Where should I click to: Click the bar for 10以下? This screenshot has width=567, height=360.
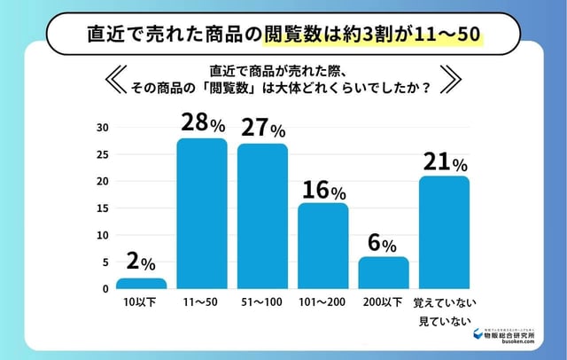coord(141,284)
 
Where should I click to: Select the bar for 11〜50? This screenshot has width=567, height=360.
coord(201,214)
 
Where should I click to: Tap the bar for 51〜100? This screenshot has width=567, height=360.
coord(262,216)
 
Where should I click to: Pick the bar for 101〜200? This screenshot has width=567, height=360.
coord(322,247)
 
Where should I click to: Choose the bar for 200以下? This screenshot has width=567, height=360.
coord(384,273)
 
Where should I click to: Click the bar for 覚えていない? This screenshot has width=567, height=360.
coord(444,232)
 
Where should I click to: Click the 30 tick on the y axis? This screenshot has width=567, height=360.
coord(103,128)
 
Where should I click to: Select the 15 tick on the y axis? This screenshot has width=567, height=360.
coord(103,208)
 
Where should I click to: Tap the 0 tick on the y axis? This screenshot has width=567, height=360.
coord(105,289)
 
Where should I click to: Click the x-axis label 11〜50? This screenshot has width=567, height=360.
coord(201,303)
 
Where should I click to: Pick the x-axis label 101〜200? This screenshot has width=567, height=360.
coord(322,303)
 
